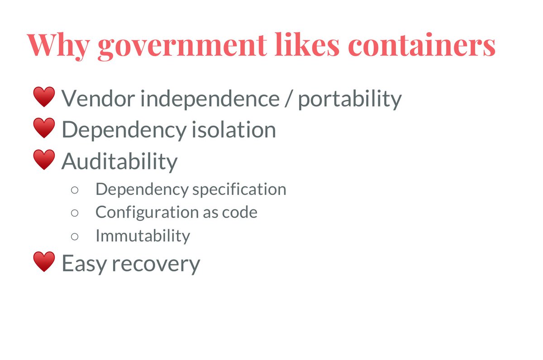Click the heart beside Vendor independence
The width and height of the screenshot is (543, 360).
click(44, 98)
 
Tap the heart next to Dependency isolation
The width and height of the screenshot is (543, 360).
click(44, 128)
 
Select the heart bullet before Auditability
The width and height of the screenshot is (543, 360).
click(44, 160)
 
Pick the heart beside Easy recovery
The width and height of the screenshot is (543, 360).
click(44, 262)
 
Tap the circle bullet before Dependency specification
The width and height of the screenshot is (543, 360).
click(75, 189)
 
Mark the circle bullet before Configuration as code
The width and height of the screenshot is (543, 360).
click(75, 212)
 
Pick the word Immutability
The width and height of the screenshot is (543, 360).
click(143, 236)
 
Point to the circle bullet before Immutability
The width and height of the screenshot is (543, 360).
click(75, 236)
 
